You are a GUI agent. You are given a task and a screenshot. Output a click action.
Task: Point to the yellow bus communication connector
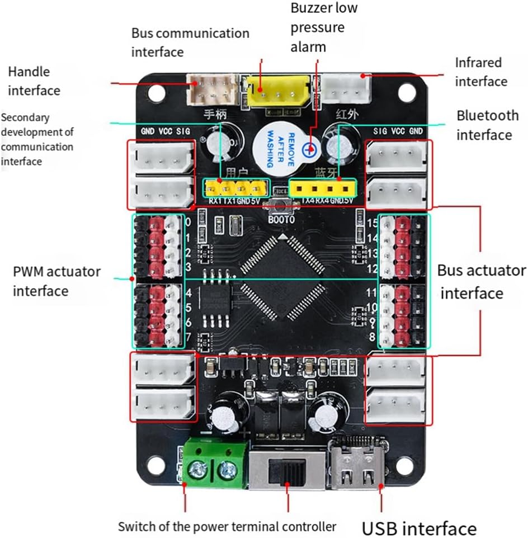coord(277,91)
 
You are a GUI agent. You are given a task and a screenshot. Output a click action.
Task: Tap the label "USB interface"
coord(419,528)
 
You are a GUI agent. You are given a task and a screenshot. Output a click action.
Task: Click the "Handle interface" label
coord(34,81)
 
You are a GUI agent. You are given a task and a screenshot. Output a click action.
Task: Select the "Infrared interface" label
coord(480,72)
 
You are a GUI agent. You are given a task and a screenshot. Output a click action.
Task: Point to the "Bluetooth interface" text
coord(487,125)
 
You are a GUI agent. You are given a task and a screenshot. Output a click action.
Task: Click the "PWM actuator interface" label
coord(56,281)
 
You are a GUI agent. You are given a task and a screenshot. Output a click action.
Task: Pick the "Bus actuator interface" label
coord(480,281)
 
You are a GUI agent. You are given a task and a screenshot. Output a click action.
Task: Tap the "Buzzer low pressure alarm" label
coord(324,27)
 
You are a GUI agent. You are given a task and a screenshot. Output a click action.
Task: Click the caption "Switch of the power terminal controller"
coord(227,526)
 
